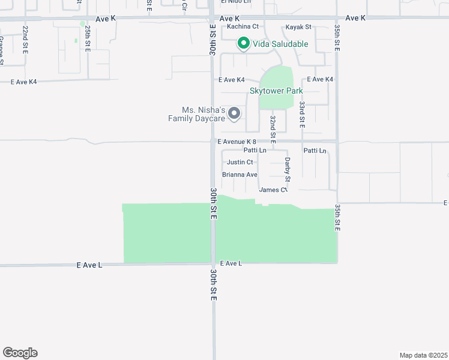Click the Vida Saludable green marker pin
[244, 43]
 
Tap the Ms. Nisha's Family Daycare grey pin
[235, 113]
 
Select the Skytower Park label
[276, 91]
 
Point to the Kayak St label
[298, 27]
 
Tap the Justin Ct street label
[240, 162]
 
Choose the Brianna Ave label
[240, 175]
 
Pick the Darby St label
[288, 170]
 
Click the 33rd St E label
[303, 113]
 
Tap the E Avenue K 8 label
[237, 142]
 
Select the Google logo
[20, 353]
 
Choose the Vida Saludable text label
[280, 44]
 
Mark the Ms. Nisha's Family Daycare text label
[196, 114]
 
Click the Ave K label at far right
[355, 18]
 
